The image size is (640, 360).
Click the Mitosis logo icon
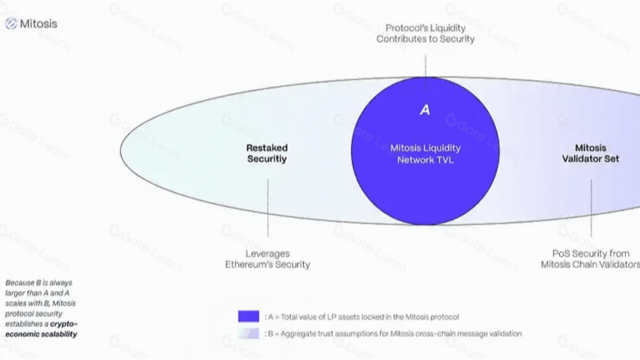pos(11,23)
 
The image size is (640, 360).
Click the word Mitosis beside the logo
pos(38,23)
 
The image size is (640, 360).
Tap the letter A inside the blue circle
pos(425,110)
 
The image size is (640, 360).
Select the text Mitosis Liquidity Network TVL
pos(425,153)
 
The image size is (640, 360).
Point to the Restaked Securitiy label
pos(267,153)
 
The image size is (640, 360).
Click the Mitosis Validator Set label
pos(590,153)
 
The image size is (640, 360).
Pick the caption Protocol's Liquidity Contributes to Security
pos(425,33)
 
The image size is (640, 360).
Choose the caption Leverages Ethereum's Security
pos(267,259)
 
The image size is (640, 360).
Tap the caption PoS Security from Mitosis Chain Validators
pos(590,259)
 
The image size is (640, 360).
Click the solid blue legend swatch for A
pos(248,316)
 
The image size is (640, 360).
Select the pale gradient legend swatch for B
pos(248,333)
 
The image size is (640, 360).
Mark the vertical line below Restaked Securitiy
pos(267,207)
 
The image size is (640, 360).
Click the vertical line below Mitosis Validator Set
pos(591,207)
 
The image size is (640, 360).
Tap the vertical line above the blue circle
pos(425,65)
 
